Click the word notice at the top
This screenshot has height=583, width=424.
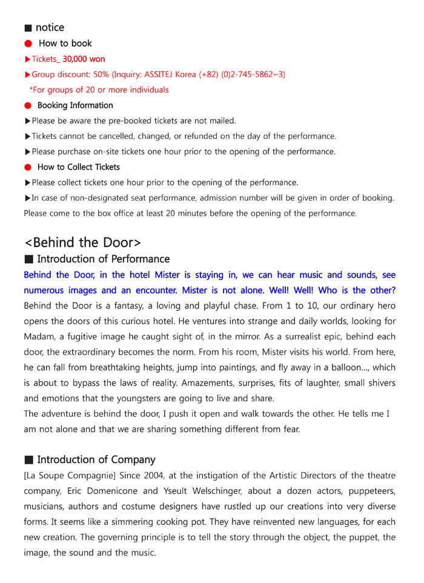pos(50,28)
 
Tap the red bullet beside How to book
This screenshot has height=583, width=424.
pos(27,44)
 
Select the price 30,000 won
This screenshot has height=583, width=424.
pos(84,59)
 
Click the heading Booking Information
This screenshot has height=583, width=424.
pos(75,105)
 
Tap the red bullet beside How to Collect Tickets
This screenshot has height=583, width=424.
pos(27,167)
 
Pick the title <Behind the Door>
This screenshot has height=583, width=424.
pos(82,242)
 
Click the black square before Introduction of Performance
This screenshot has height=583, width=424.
pos(28,259)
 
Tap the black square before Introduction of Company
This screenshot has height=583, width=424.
pos(28,460)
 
